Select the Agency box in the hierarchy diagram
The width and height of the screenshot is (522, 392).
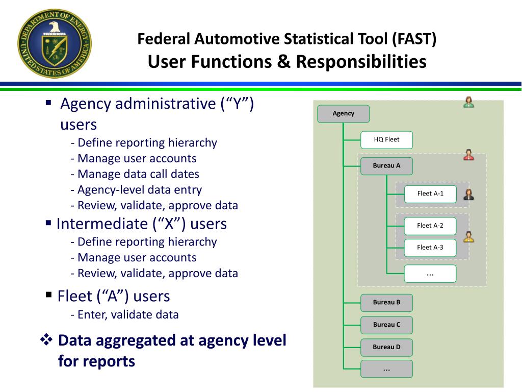point(343,113)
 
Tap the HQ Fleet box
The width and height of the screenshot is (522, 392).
point(386,139)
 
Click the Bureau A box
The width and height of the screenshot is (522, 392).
point(386,165)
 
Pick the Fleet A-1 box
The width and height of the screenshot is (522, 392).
point(430,193)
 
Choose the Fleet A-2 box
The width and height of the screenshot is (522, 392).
point(430,226)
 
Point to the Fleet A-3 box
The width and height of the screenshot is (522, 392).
point(430,248)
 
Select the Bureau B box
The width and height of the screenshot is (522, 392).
point(386,302)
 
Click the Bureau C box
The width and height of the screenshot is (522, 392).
point(386,325)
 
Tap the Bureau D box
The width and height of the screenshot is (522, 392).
point(386,347)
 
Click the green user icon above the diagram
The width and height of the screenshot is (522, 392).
point(468,102)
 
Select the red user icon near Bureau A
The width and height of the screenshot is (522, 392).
point(468,155)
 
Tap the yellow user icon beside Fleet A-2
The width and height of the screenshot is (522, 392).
point(468,237)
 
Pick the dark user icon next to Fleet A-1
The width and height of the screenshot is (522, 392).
point(468,194)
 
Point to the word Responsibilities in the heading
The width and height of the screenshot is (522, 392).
point(361,62)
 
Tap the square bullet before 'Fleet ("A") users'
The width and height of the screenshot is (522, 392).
point(49,295)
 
